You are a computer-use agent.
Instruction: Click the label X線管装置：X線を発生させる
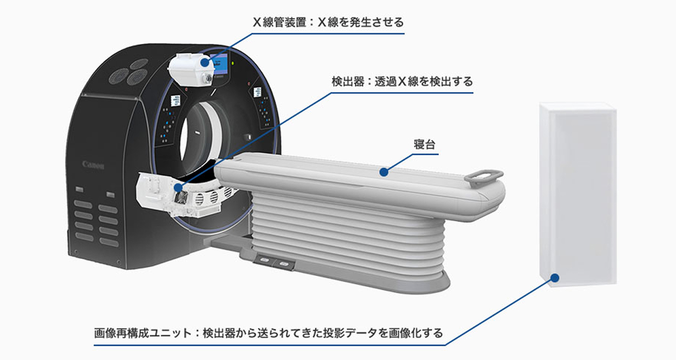tap(328, 22)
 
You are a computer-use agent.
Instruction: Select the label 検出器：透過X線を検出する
tap(402, 82)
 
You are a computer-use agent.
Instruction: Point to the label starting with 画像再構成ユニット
tap(268, 333)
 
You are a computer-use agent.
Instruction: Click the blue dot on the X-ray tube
tap(205, 62)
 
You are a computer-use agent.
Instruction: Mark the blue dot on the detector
tap(178, 188)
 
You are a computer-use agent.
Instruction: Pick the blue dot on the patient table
tap(384, 172)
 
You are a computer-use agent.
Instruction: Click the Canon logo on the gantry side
tap(93, 164)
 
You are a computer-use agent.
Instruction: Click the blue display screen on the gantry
tap(221, 65)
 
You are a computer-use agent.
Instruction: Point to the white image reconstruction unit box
tap(578, 192)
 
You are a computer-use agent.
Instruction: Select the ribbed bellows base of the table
tap(340, 236)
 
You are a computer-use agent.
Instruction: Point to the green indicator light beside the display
tap(234, 64)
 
